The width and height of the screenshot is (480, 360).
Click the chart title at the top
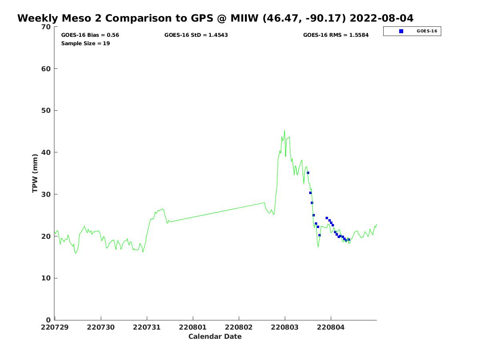click(215, 18)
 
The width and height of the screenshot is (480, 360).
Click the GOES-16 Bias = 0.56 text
click(90, 35)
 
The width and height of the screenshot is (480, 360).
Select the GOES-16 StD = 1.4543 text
click(196, 35)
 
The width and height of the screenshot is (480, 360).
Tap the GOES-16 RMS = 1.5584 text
click(336, 35)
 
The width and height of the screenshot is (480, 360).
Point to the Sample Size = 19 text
click(85, 44)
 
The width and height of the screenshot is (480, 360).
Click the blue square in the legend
click(401, 31)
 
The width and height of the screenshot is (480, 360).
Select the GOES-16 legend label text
click(427, 31)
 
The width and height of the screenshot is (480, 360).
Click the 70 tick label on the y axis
click(46, 27)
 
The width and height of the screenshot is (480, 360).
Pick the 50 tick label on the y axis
click(46, 111)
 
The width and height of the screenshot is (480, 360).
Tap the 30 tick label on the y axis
click(46, 194)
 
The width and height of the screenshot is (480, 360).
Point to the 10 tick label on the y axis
click(46, 278)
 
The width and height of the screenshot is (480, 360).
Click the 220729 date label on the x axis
click(55, 327)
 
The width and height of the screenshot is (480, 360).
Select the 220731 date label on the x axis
click(147, 327)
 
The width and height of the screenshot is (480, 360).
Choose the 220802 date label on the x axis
click(239, 327)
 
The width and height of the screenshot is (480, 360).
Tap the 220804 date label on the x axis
click(331, 327)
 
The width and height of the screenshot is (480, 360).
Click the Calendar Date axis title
click(215, 337)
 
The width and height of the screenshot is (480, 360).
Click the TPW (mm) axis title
click(35, 173)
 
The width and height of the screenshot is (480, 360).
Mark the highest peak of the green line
click(284, 130)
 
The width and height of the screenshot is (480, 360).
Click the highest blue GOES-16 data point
click(308, 173)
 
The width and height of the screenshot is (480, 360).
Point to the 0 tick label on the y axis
click(48, 320)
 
